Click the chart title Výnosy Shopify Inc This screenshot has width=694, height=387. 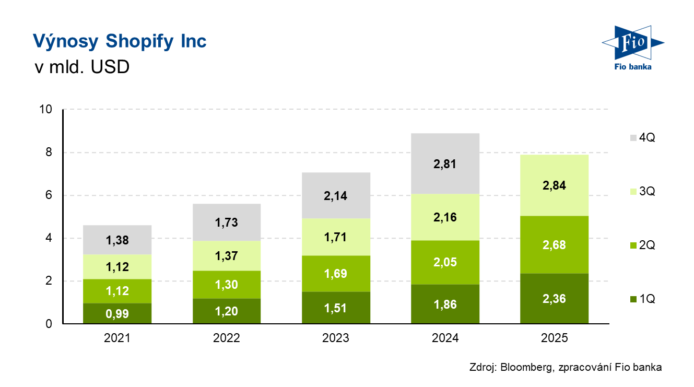pyautogui.click(x=120, y=41)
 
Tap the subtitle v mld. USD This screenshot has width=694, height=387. pyautogui.click(x=81, y=68)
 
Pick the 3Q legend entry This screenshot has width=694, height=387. pyautogui.click(x=642, y=192)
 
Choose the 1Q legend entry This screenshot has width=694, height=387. pyautogui.click(x=642, y=299)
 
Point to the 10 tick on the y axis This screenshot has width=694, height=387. pyautogui.click(x=46, y=110)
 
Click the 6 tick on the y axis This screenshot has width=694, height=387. pyautogui.click(x=49, y=195)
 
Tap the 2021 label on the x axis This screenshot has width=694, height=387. pyautogui.click(x=117, y=338)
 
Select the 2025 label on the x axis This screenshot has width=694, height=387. pyautogui.click(x=555, y=338)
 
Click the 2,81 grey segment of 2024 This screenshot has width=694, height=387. pyautogui.click(x=445, y=163)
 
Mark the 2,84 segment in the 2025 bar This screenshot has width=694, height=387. pyautogui.click(x=555, y=185)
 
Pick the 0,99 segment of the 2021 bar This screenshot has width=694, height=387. pyautogui.click(x=117, y=313)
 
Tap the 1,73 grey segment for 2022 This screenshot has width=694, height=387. pyautogui.click(x=226, y=222)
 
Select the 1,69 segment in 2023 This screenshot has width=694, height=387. pyautogui.click(x=336, y=274)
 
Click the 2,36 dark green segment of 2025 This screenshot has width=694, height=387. pyautogui.click(x=555, y=299)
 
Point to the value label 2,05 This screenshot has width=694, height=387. pyautogui.click(x=445, y=262)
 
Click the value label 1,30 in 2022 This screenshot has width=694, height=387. pyautogui.click(x=226, y=285)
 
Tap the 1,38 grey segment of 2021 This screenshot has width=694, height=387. pyautogui.click(x=117, y=240)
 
